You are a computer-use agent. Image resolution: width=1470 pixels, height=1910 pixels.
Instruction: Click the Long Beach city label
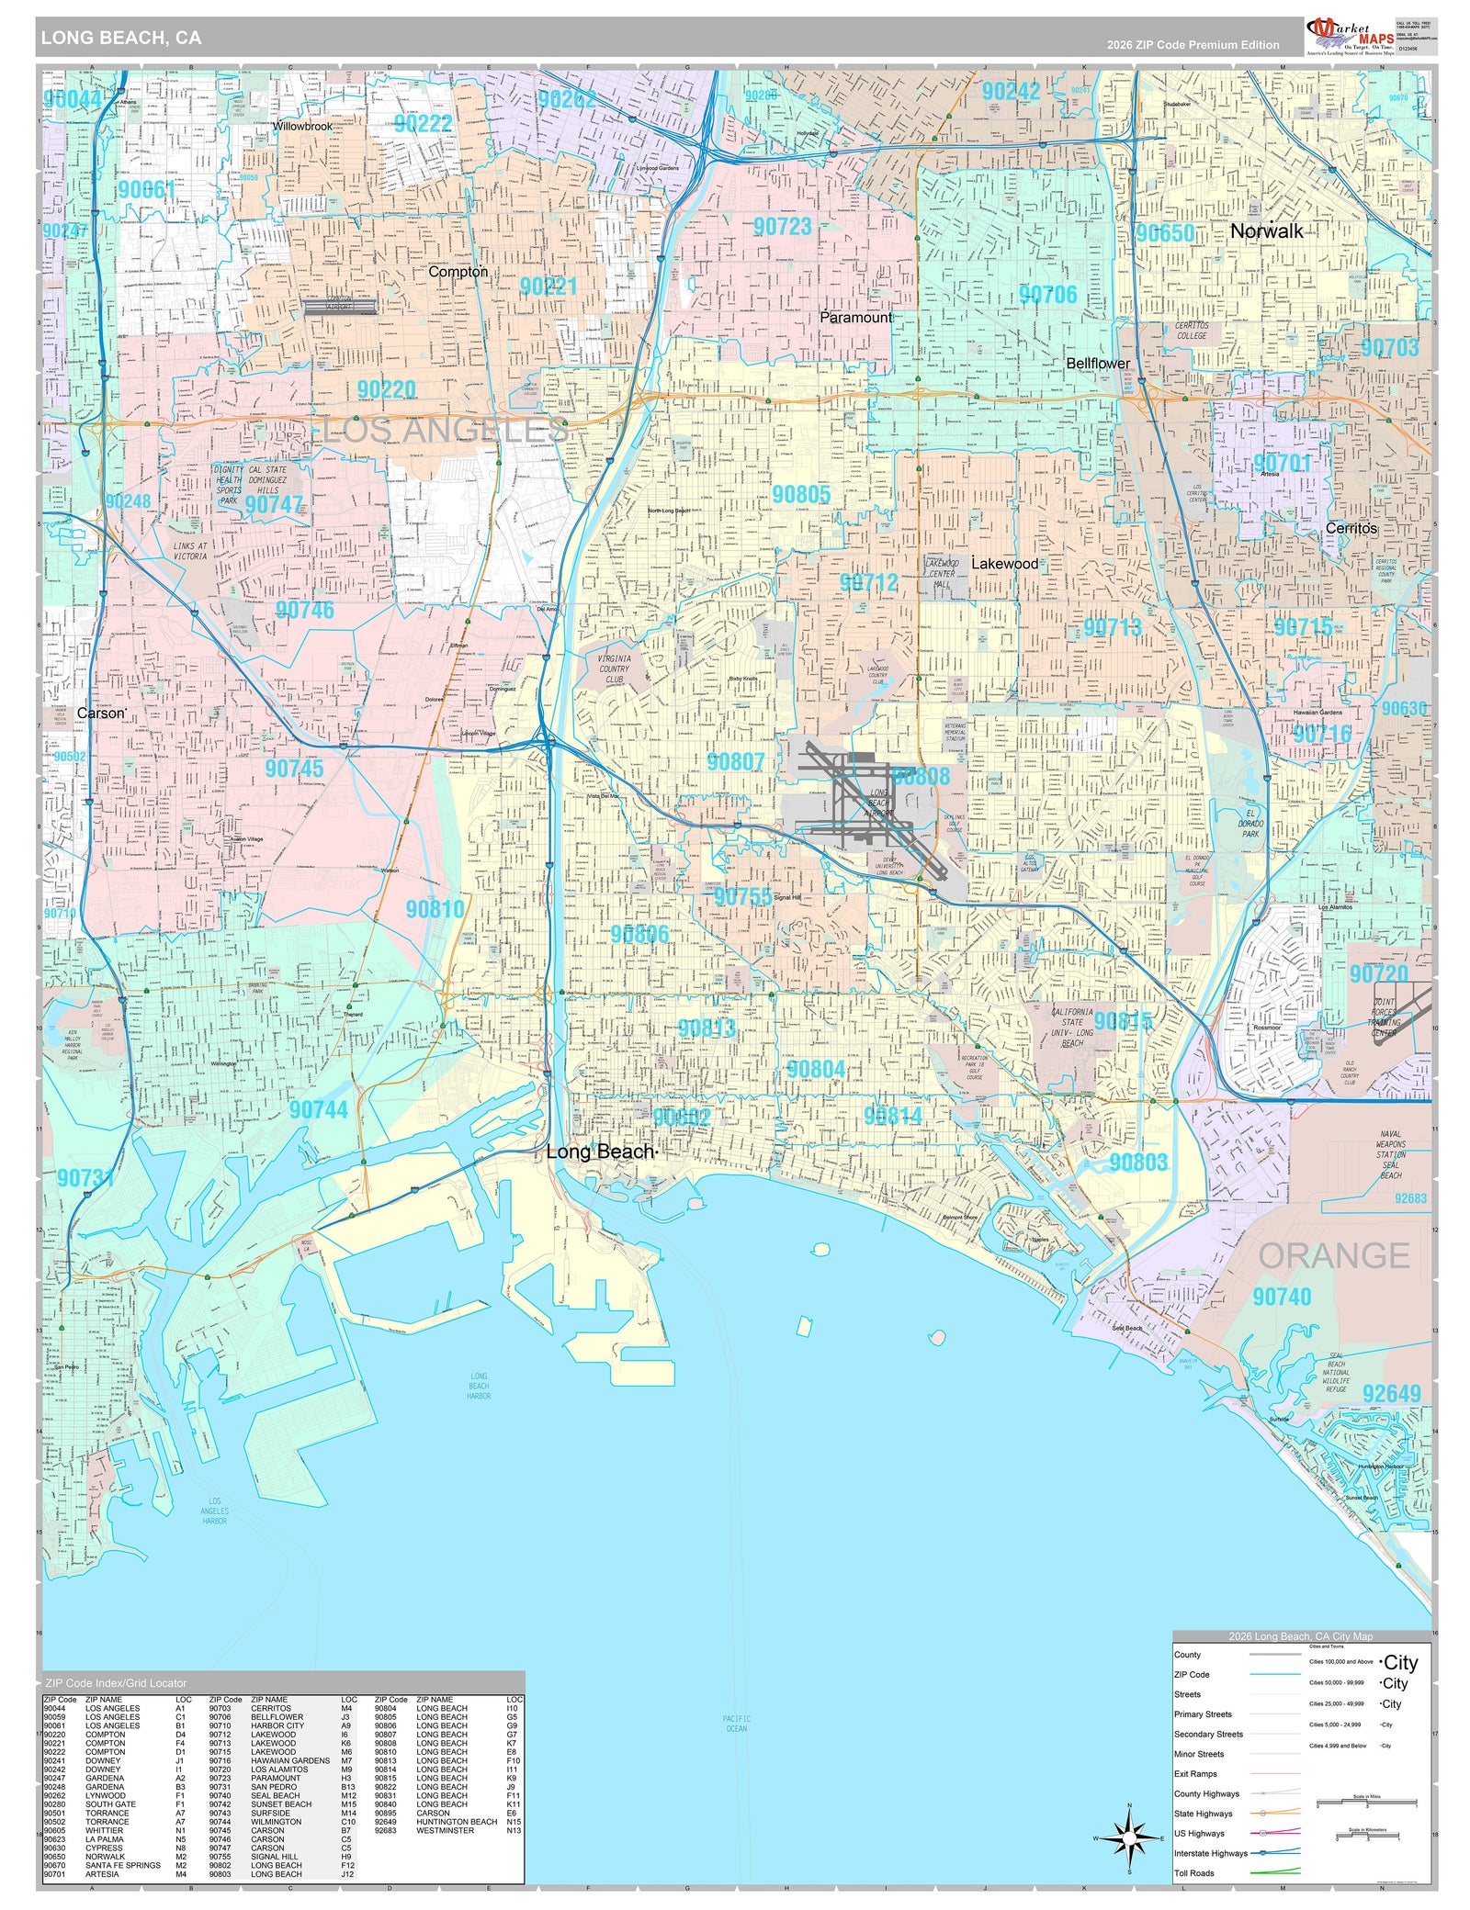click(600, 1152)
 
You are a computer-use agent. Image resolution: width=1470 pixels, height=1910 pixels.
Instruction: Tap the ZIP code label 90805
click(800, 494)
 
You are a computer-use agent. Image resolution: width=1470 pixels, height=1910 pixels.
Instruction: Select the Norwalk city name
click(1266, 231)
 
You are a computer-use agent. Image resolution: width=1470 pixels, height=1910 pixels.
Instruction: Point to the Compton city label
click(458, 272)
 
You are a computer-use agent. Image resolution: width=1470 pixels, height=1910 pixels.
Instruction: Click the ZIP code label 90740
click(1281, 1297)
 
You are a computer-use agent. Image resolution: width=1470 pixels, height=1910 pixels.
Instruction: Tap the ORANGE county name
click(1333, 1255)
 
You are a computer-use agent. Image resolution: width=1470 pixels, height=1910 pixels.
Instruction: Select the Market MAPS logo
click(1349, 36)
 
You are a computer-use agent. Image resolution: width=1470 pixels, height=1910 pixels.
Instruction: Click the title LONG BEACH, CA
click(120, 38)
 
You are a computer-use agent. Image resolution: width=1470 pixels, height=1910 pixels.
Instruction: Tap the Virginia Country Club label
click(614, 668)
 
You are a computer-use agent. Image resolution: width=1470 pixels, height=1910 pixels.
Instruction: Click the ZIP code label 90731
click(85, 1177)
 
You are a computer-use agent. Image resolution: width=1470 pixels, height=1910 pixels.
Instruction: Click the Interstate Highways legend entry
click(1210, 1853)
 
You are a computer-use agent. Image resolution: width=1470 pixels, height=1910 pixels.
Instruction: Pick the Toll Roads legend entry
click(1193, 1873)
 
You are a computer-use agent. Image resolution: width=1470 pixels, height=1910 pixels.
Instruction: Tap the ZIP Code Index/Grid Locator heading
click(115, 1683)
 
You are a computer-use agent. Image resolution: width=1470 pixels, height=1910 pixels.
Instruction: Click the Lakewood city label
click(1004, 564)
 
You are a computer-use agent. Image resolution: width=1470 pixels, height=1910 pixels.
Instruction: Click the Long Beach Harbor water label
click(479, 1386)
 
